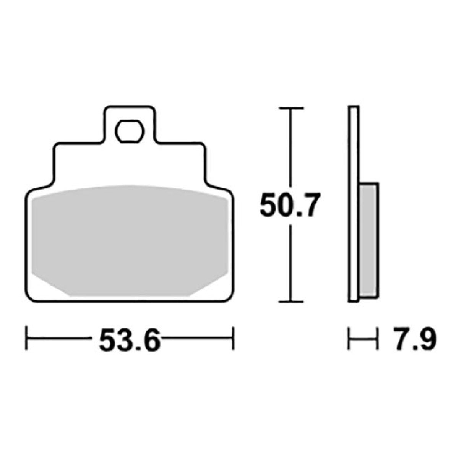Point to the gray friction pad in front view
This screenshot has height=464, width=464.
(130, 241)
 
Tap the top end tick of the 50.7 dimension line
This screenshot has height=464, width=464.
(292, 109)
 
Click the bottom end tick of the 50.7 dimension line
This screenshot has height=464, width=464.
(292, 302)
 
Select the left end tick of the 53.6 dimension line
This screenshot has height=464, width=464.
(26, 338)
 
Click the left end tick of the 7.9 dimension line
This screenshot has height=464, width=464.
(349, 338)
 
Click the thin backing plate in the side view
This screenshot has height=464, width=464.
(354, 203)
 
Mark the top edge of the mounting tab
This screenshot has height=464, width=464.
(130, 107)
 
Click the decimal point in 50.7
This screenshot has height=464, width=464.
(297, 214)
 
